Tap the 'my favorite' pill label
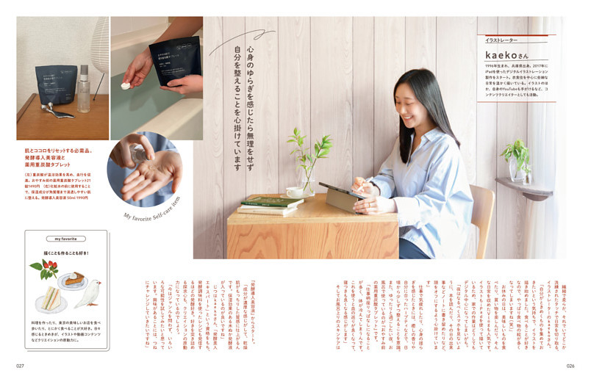(66, 239)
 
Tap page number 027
(22, 365)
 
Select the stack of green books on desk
(262, 205)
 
